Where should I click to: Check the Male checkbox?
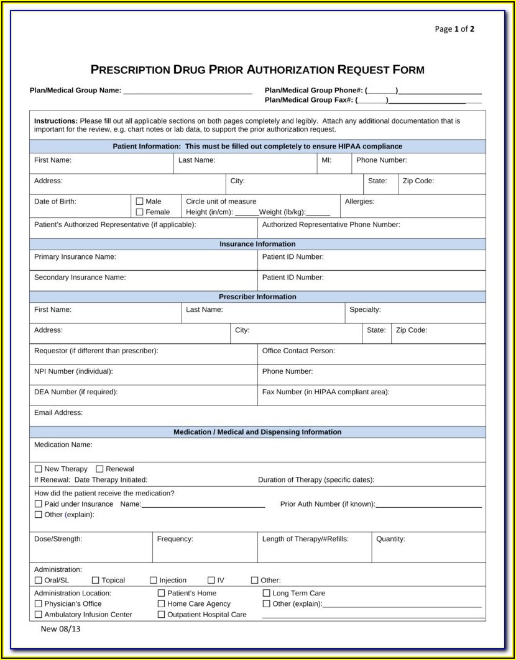[139, 201]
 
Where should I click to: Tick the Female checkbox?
[139, 212]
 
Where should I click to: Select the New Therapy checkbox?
[39, 469]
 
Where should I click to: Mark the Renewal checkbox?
[99, 469]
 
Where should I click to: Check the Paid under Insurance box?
[39, 504]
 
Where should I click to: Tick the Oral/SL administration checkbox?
[39, 580]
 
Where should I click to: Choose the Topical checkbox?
[96, 580]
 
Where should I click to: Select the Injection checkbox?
[154, 580]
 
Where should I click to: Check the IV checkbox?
[211, 580]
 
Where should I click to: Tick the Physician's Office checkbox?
[39, 603]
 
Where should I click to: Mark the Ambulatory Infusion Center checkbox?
[39, 615]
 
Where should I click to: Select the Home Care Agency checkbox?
[162, 603]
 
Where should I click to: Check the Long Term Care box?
[267, 593]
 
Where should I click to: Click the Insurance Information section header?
[257, 244]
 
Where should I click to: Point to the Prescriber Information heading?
[257, 297]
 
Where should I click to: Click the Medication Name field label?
[63, 445]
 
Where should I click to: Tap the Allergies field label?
[360, 201]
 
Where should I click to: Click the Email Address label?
[58, 412]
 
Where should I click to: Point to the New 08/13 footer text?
[61, 628]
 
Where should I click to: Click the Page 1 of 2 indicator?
[454, 29]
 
